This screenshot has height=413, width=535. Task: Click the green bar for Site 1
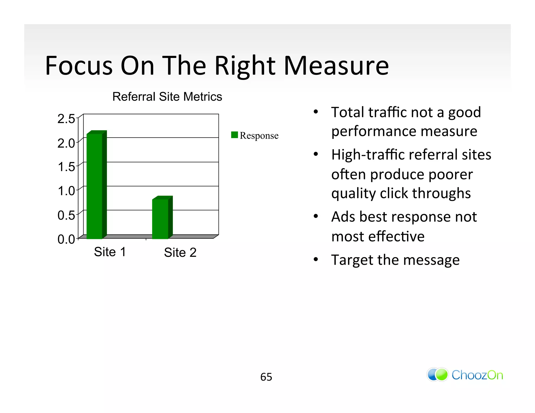(x=95, y=186)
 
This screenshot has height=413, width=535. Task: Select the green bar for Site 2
(x=160, y=219)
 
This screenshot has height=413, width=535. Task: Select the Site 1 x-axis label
(x=110, y=252)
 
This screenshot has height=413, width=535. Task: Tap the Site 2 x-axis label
(x=180, y=252)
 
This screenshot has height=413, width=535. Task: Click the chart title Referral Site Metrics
(x=167, y=97)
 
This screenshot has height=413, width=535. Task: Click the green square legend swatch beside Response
(x=234, y=135)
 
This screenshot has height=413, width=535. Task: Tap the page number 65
(x=266, y=377)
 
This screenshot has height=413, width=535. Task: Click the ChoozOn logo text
(x=477, y=375)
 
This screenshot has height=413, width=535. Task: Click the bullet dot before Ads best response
(x=316, y=216)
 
